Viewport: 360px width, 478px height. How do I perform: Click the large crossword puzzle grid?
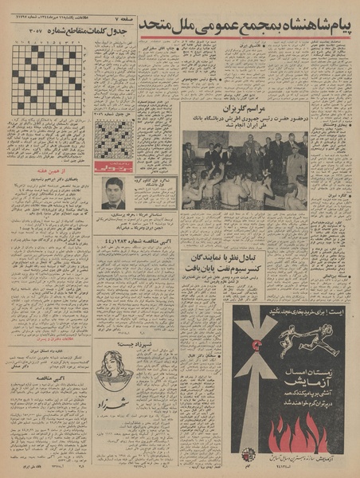45,80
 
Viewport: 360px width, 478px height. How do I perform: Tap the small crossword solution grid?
114,139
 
